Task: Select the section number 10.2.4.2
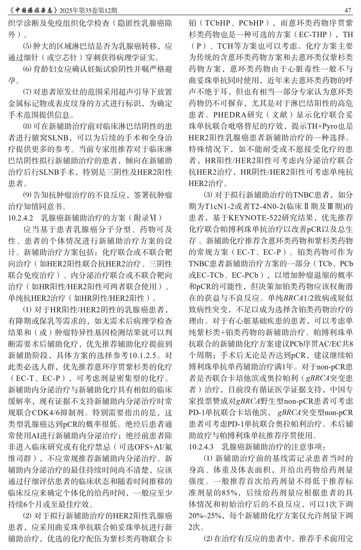pos(21,218)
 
